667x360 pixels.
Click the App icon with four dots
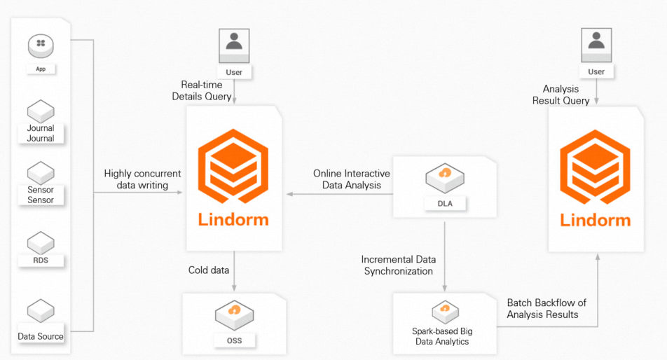pyautogui.click(x=41, y=46)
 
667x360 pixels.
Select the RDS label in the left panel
pyautogui.click(x=41, y=261)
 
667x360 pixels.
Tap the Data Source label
pyautogui.click(x=41, y=336)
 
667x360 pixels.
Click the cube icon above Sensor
pyautogui.click(x=41, y=172)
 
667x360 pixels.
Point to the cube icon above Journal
pyautogui.click(x=41, y=110)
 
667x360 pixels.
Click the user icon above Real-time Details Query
pyautogui.click(x=234, y=46)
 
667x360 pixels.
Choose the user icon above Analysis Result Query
pyautogui.click(x=596, y=46)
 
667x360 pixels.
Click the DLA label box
pyautogui.click(x=444, y=203)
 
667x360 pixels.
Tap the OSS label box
pyautogui.click(x=235, y=341)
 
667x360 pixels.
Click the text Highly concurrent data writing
pyautogui.click(x=142, y=179)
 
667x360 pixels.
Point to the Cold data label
pyautogui.click(x=207, y=270)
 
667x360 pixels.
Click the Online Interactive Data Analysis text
pyautogui.click(x=351, y=179)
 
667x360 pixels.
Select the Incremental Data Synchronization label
pyautogui.click(x=398, y=265)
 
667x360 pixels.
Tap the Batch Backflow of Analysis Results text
pyautogui.click(x=546, y=309)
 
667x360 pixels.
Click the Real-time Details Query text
pyautogui.click(x=202, y=91)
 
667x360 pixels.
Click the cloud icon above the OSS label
pyautogui.click(x=235, y=309)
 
